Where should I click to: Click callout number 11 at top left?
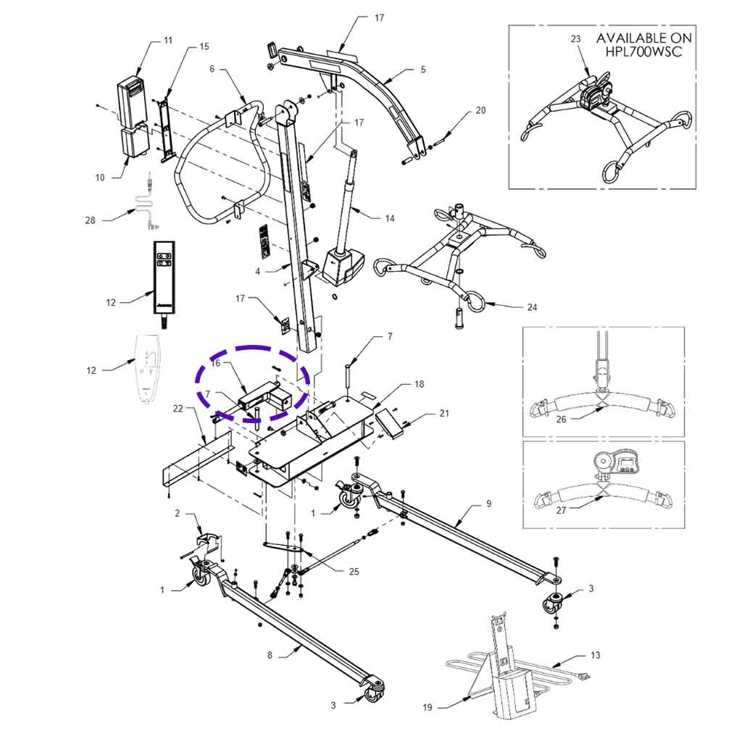[168, 41]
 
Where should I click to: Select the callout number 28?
[91, 220]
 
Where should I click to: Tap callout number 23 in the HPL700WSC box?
[575, 39]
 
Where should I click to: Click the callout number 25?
[354, 571]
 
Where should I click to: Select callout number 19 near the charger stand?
[427, 707]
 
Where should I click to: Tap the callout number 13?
[595, 655]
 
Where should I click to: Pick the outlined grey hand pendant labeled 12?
[149, 366]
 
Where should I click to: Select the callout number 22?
[179, 409]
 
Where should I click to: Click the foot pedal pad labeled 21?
[388, 425]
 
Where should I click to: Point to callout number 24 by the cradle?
[532, 307]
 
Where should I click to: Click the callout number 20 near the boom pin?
[481, 111]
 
